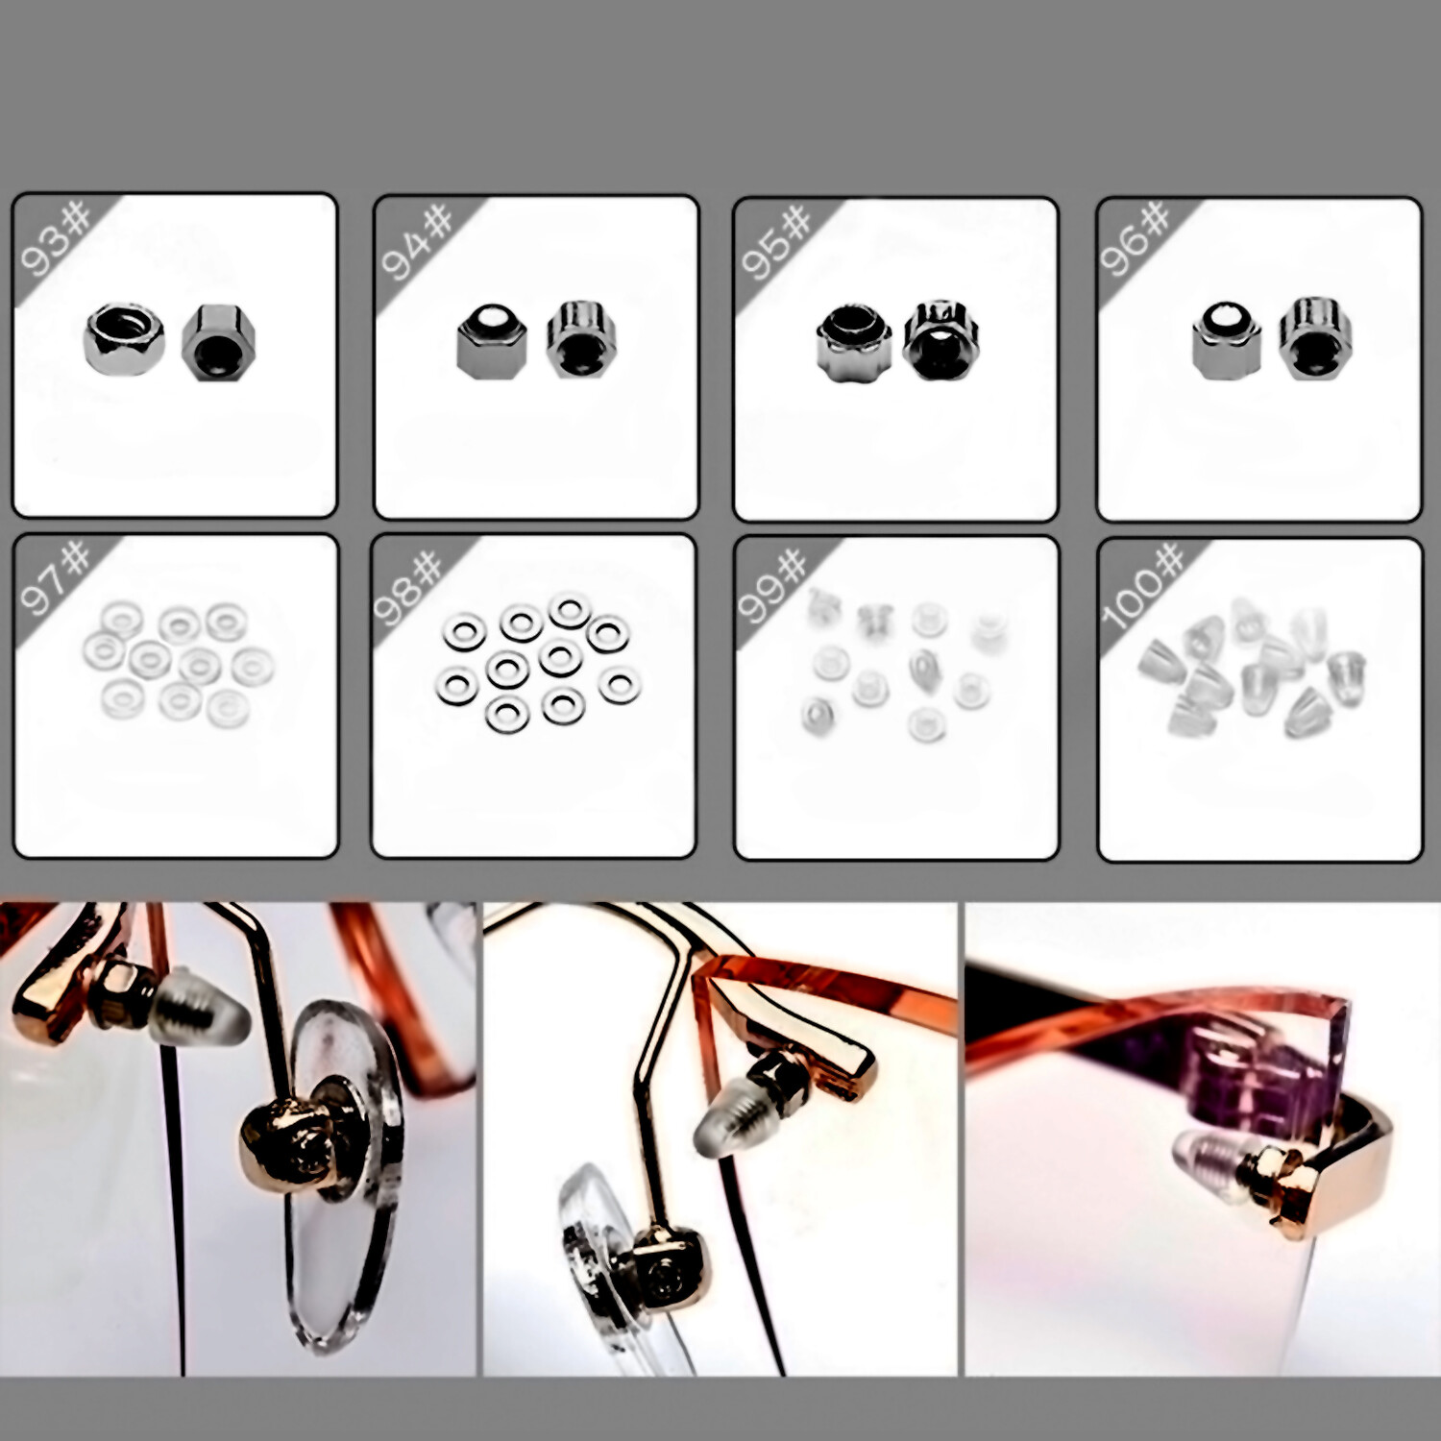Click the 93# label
(x=56, y=237)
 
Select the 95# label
(x=777, y=242)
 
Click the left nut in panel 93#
(x=124, y=338)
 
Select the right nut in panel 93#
(x=218, y=341)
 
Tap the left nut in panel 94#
(x=492, y=342)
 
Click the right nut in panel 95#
(x=940, y=340)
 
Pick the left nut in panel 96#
(x=1225, y=341)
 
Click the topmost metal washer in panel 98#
(x=570, y=610)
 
